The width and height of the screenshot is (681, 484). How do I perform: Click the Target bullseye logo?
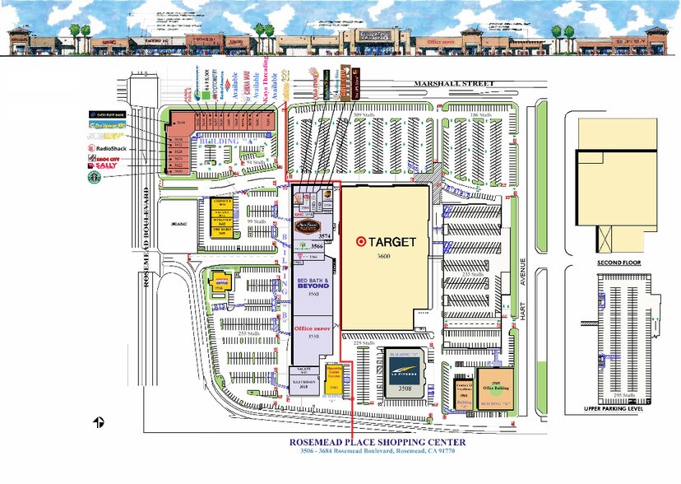(x=360, y=242)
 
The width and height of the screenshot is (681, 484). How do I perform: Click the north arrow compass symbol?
(x=98, y=422)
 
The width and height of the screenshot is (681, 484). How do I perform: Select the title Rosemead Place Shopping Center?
(x=378, y=442)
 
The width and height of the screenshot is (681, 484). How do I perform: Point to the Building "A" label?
(x=220, y=141)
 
